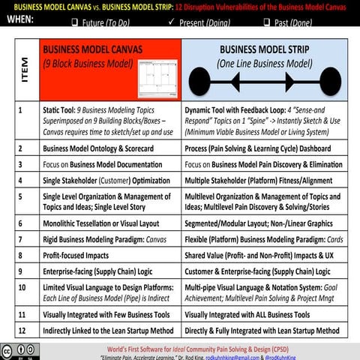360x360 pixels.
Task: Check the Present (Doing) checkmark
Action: [172, 23]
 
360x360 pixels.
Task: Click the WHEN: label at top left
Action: [22, 21]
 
